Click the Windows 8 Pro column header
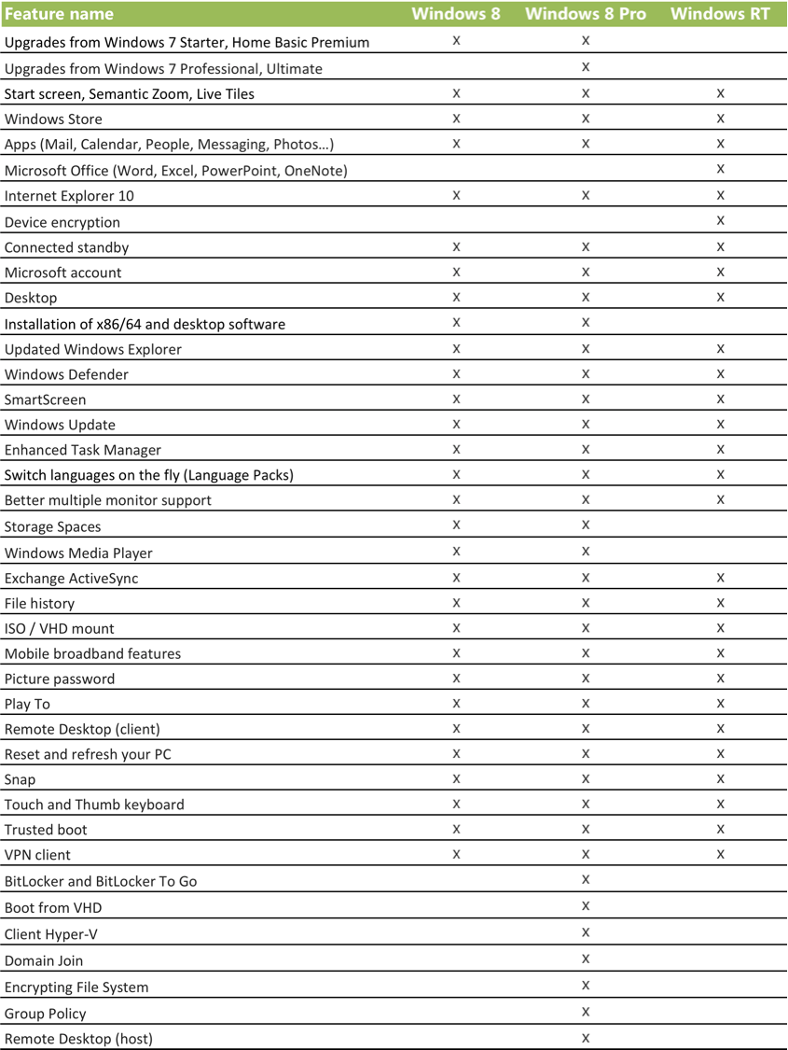[x=585, y=14]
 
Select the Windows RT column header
[x=720, y=14]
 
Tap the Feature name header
[x=60, y=14]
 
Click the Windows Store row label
[x=53, y=119]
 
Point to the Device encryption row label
[x=62, y=222]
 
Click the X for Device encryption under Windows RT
[x=721, y=220]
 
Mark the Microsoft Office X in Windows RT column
[x=721, y=169]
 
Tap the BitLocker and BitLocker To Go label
[x=101, y=881]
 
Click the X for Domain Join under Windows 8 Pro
[x=586, y=959]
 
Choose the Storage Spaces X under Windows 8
[x=457, y=525]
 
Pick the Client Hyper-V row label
[x=51, y=934]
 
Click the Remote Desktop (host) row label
[x=78, y=1039]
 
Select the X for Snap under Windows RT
[x=721, y=778]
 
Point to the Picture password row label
[x=60, y=679]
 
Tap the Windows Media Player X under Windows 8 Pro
[x=586, y=551]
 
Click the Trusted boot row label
[x=46, y=830]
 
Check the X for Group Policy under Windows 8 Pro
[x=586, y=1012]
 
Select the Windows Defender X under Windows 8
[x=457, y=373]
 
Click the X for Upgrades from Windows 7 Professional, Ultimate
[x=586, y=66]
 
